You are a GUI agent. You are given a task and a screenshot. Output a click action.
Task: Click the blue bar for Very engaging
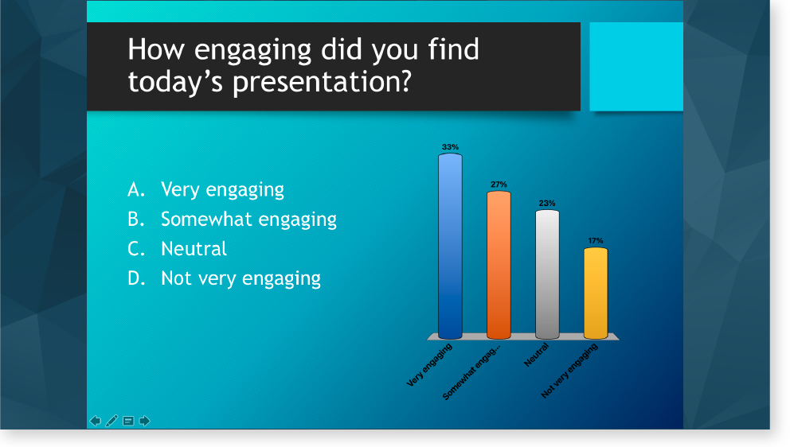pyautogui.click(x=450, y=246)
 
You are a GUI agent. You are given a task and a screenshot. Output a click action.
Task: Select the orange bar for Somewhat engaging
pyautogui.click(x=499, y=265)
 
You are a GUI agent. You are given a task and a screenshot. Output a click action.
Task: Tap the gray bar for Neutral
pyautogui.click(x=547, y=274)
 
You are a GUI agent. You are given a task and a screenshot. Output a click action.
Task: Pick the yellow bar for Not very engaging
pyautogui.click(x=596, y=293)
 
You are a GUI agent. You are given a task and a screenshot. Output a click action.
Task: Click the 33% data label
pyautogui.click(x=450, y=147)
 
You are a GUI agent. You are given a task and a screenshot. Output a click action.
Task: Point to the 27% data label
pyautogui.click(x=499, y=185)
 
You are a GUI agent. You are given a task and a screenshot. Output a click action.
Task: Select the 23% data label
pyautogui.click(x=547, y=204)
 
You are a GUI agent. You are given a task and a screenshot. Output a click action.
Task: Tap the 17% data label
pyautogui.click(x=596, y=241)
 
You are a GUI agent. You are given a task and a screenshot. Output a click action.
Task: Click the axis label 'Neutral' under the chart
pyautogui.click(x=536, y=355)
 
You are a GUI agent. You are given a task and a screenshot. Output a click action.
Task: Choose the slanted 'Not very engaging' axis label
pyautogui.click(x=569, y=371)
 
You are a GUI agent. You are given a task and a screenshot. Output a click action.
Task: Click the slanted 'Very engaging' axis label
pyautogui.click(x=429, y=365)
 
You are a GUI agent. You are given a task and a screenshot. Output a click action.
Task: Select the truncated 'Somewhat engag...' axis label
pyautogui.click(x=471, y=371)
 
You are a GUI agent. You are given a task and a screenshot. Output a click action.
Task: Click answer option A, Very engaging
pyautogui.click(x=205, y=190)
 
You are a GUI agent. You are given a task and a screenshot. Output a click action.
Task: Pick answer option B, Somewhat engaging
pyautogui.click(x=232, y=220)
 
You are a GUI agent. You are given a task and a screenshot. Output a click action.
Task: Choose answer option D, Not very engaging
pyautogui.click(x=224, y=278)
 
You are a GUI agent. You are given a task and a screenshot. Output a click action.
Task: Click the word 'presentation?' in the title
pyautogui.click(x=322, y=82)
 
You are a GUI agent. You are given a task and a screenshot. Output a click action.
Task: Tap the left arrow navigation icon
pyautogui.click(x=96, y=421)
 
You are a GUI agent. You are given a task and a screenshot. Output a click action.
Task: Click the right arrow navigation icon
pyautogui.click(x=145, y=421)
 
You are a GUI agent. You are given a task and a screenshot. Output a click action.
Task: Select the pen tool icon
pyautogui.click(x=111, y=421)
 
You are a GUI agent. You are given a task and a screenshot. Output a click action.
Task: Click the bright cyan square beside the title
pyautogui.click(x=636, y=67)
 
